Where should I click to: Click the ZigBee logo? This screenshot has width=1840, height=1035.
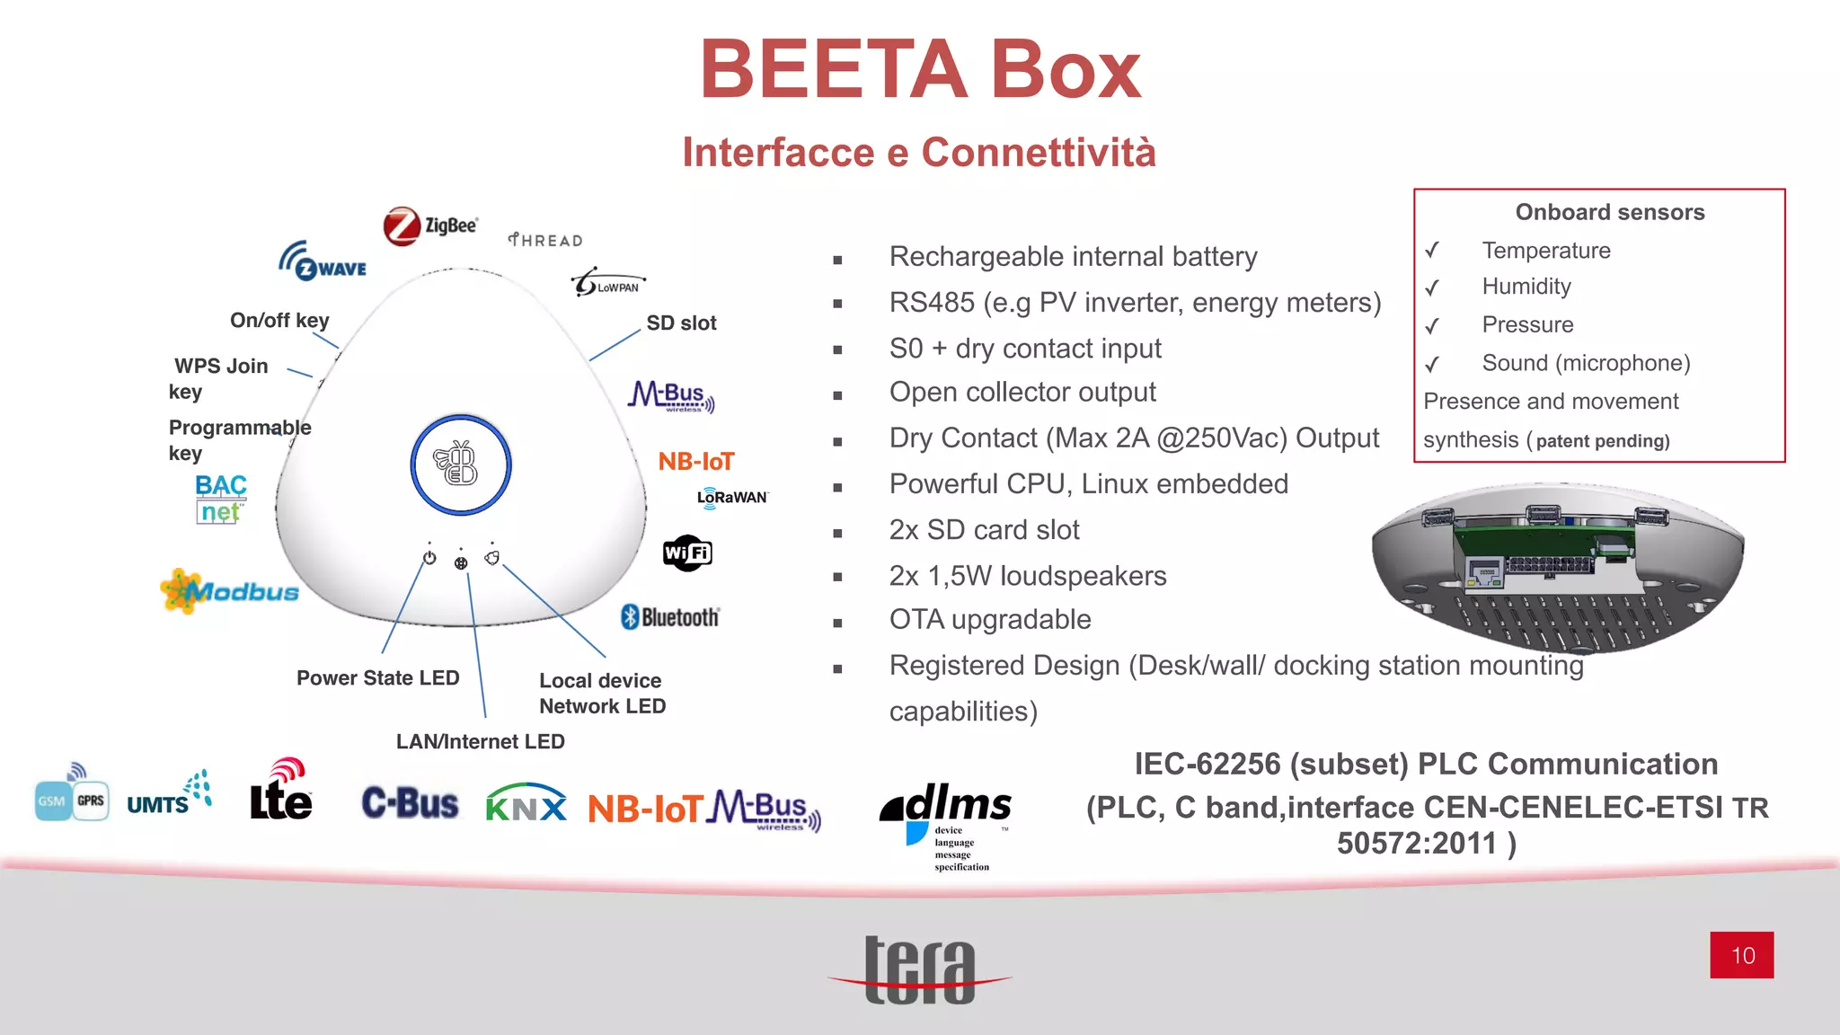(430, 226)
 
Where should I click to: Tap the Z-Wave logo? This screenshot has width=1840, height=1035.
(323, 261)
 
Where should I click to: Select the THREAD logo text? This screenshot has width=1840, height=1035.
(545, 240)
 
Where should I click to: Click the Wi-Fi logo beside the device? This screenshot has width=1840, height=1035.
(687, 553)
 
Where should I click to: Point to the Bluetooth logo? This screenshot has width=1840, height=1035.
(670, 617)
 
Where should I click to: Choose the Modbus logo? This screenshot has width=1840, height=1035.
(230, 591)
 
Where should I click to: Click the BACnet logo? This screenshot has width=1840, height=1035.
(220, 499)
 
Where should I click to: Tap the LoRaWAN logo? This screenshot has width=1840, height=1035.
(731, 497)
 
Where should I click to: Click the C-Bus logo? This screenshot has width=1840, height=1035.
(410, 803)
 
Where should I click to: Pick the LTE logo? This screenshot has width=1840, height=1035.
(281, 791)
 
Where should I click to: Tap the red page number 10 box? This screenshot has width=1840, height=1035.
(1741, 955)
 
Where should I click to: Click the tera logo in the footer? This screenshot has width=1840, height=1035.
(920, 970)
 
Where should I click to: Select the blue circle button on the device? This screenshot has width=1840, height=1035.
(461, 464)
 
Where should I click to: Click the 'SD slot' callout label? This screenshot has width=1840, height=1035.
(681, 323)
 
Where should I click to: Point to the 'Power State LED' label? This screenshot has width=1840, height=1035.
(377, 677)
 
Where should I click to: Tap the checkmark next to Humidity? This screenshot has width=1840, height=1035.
(1432, 287)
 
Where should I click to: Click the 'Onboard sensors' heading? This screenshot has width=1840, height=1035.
(1609, 212)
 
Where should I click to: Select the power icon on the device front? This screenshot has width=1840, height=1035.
(429, 558)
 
